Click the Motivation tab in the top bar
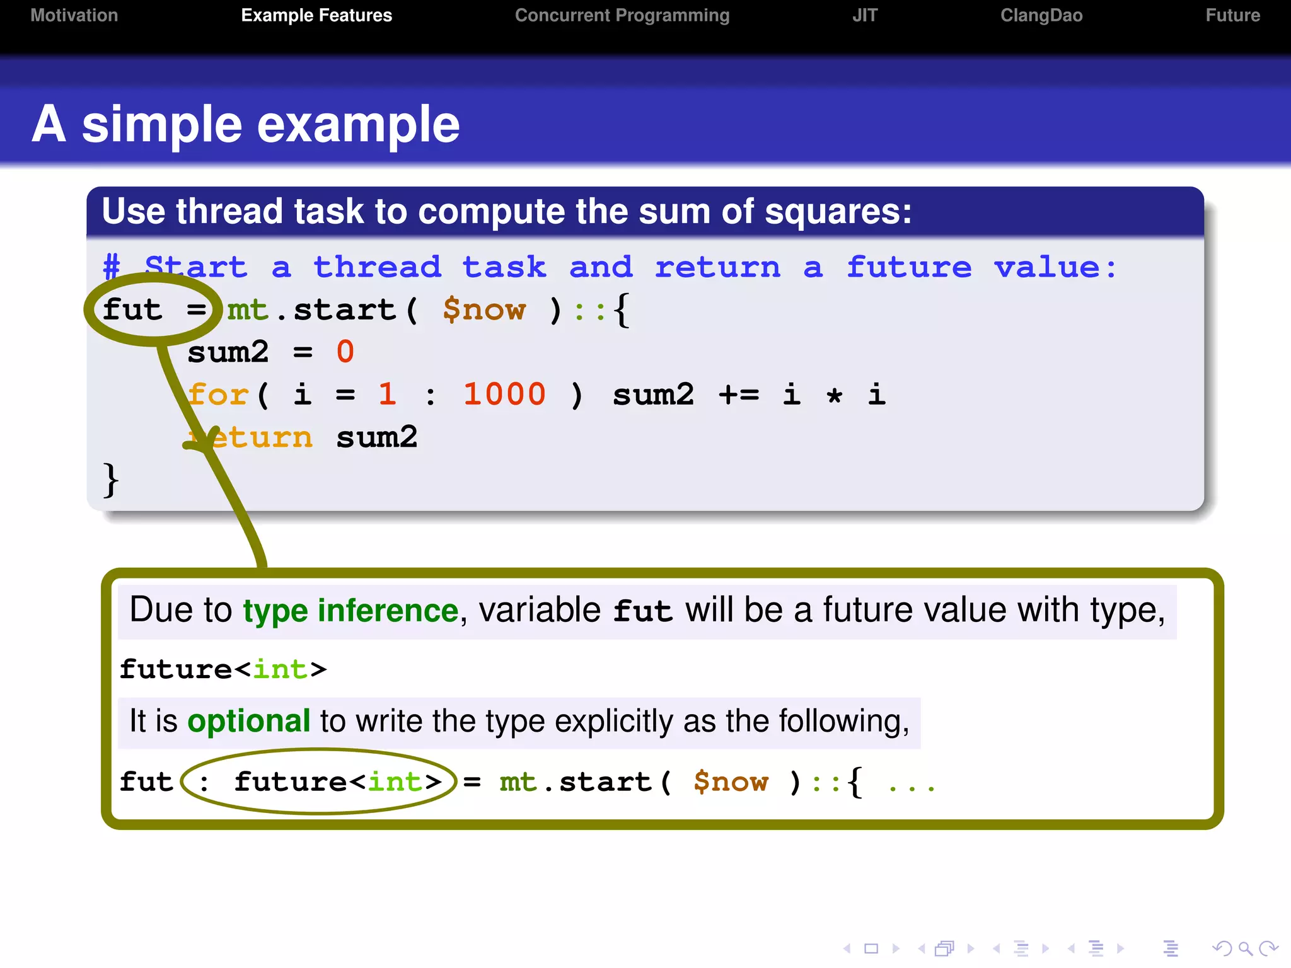click(x=74, y=15)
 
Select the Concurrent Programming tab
click(x=622, y=15)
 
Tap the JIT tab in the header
click(x=864, y=15)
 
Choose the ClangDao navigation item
click(x=1041, y=15)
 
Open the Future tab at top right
click(x=1232, y=15)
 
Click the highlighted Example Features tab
click(x=316, y=15)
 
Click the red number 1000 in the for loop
click(x=504, y=395)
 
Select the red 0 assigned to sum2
click(x=345, y=352)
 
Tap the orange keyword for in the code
click(x=218, y=395)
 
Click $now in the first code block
click(x=483, y=309)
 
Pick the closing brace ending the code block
click(x=111, y=480)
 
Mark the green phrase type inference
click(x=350, y=610)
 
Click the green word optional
click(x=248, y=721)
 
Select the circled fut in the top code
click(x=132, y=309)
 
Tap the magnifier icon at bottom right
click(x=1244, y=948)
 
